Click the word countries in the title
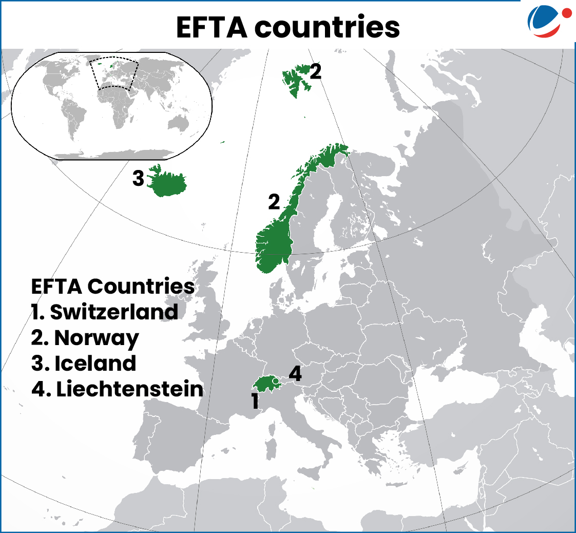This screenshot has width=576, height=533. pos(335,28)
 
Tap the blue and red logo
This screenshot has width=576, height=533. pos(548,21)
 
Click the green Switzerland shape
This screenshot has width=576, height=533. pos(264,384)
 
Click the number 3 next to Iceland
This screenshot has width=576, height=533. pos(138,179)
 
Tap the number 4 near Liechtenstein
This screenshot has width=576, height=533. pos(295,374)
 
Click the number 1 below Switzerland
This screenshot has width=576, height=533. pos(255,402)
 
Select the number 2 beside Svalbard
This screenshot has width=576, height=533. pos(316,71)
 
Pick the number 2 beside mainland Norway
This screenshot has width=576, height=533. pos(274,202)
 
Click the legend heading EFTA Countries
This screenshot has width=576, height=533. pos(113,286)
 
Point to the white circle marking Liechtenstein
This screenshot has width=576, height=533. pos(275,381)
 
